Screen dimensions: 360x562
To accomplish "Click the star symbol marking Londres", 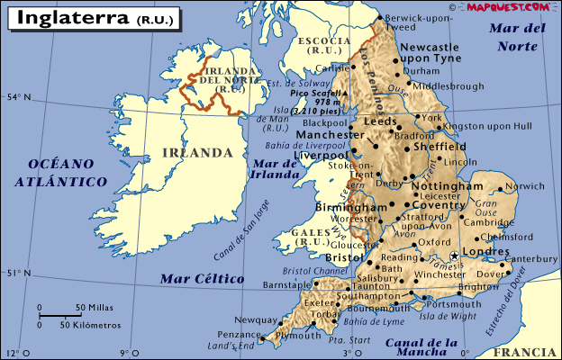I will (x=455, y=256).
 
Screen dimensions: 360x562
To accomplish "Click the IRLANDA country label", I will (x=197, y=152).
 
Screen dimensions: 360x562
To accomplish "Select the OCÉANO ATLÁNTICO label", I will (x=60, y=172).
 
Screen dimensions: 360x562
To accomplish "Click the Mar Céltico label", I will (x=202, y=279).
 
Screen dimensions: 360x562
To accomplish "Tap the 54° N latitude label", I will (x=19, y=96).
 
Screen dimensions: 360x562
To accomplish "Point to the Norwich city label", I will (x=526, y=186).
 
